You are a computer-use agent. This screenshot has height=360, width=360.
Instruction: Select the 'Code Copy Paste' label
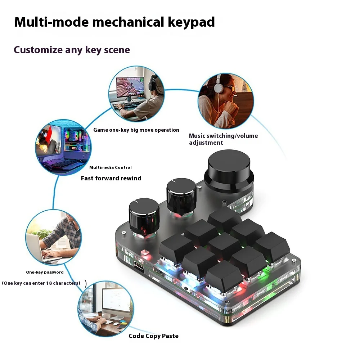tap(153, 336)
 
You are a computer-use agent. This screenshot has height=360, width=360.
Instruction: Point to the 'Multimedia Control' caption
tap(111, 167)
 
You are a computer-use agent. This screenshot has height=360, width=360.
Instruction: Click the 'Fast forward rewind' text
tap(111, 178)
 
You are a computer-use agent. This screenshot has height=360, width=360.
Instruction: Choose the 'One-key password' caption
tap(45, 272)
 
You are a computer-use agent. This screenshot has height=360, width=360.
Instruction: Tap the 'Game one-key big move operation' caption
tap(136, 130)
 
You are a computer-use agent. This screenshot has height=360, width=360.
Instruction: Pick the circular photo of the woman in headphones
tap(226, 101)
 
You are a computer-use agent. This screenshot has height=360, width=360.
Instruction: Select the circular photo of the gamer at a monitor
tap(136, 94)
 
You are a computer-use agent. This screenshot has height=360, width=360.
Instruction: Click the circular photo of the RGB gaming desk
tap(63, 148)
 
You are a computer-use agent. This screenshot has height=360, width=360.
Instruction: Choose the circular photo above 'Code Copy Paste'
tap(105, 309)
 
